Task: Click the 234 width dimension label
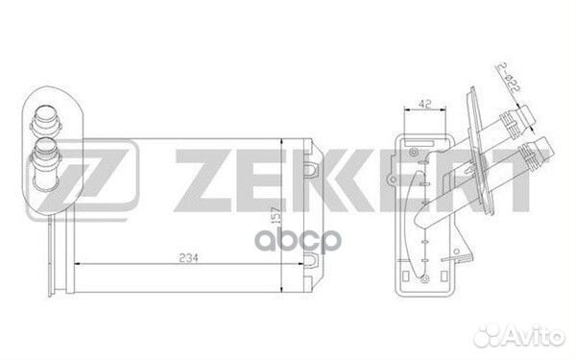188,258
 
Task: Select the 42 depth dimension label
424,104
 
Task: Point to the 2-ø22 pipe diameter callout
509,78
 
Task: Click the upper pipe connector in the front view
46,120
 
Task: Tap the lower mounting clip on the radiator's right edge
311,259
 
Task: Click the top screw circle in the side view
414,152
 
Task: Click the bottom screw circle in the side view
425,278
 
